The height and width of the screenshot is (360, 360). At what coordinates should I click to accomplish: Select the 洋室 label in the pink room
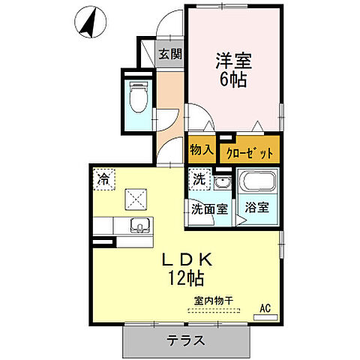tap(234, 58)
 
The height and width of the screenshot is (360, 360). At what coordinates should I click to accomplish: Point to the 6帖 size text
tap(233, 77)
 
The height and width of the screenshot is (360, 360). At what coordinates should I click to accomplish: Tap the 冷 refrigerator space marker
tap(105, 180)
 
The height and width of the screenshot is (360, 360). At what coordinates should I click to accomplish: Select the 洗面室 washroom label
tap(209, 209)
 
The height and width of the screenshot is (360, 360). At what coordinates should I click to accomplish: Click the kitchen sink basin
tap(140, 225)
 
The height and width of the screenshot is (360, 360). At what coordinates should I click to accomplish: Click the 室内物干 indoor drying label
tap(214, 301)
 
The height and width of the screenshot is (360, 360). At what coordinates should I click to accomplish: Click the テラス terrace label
tap(184, 340)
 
